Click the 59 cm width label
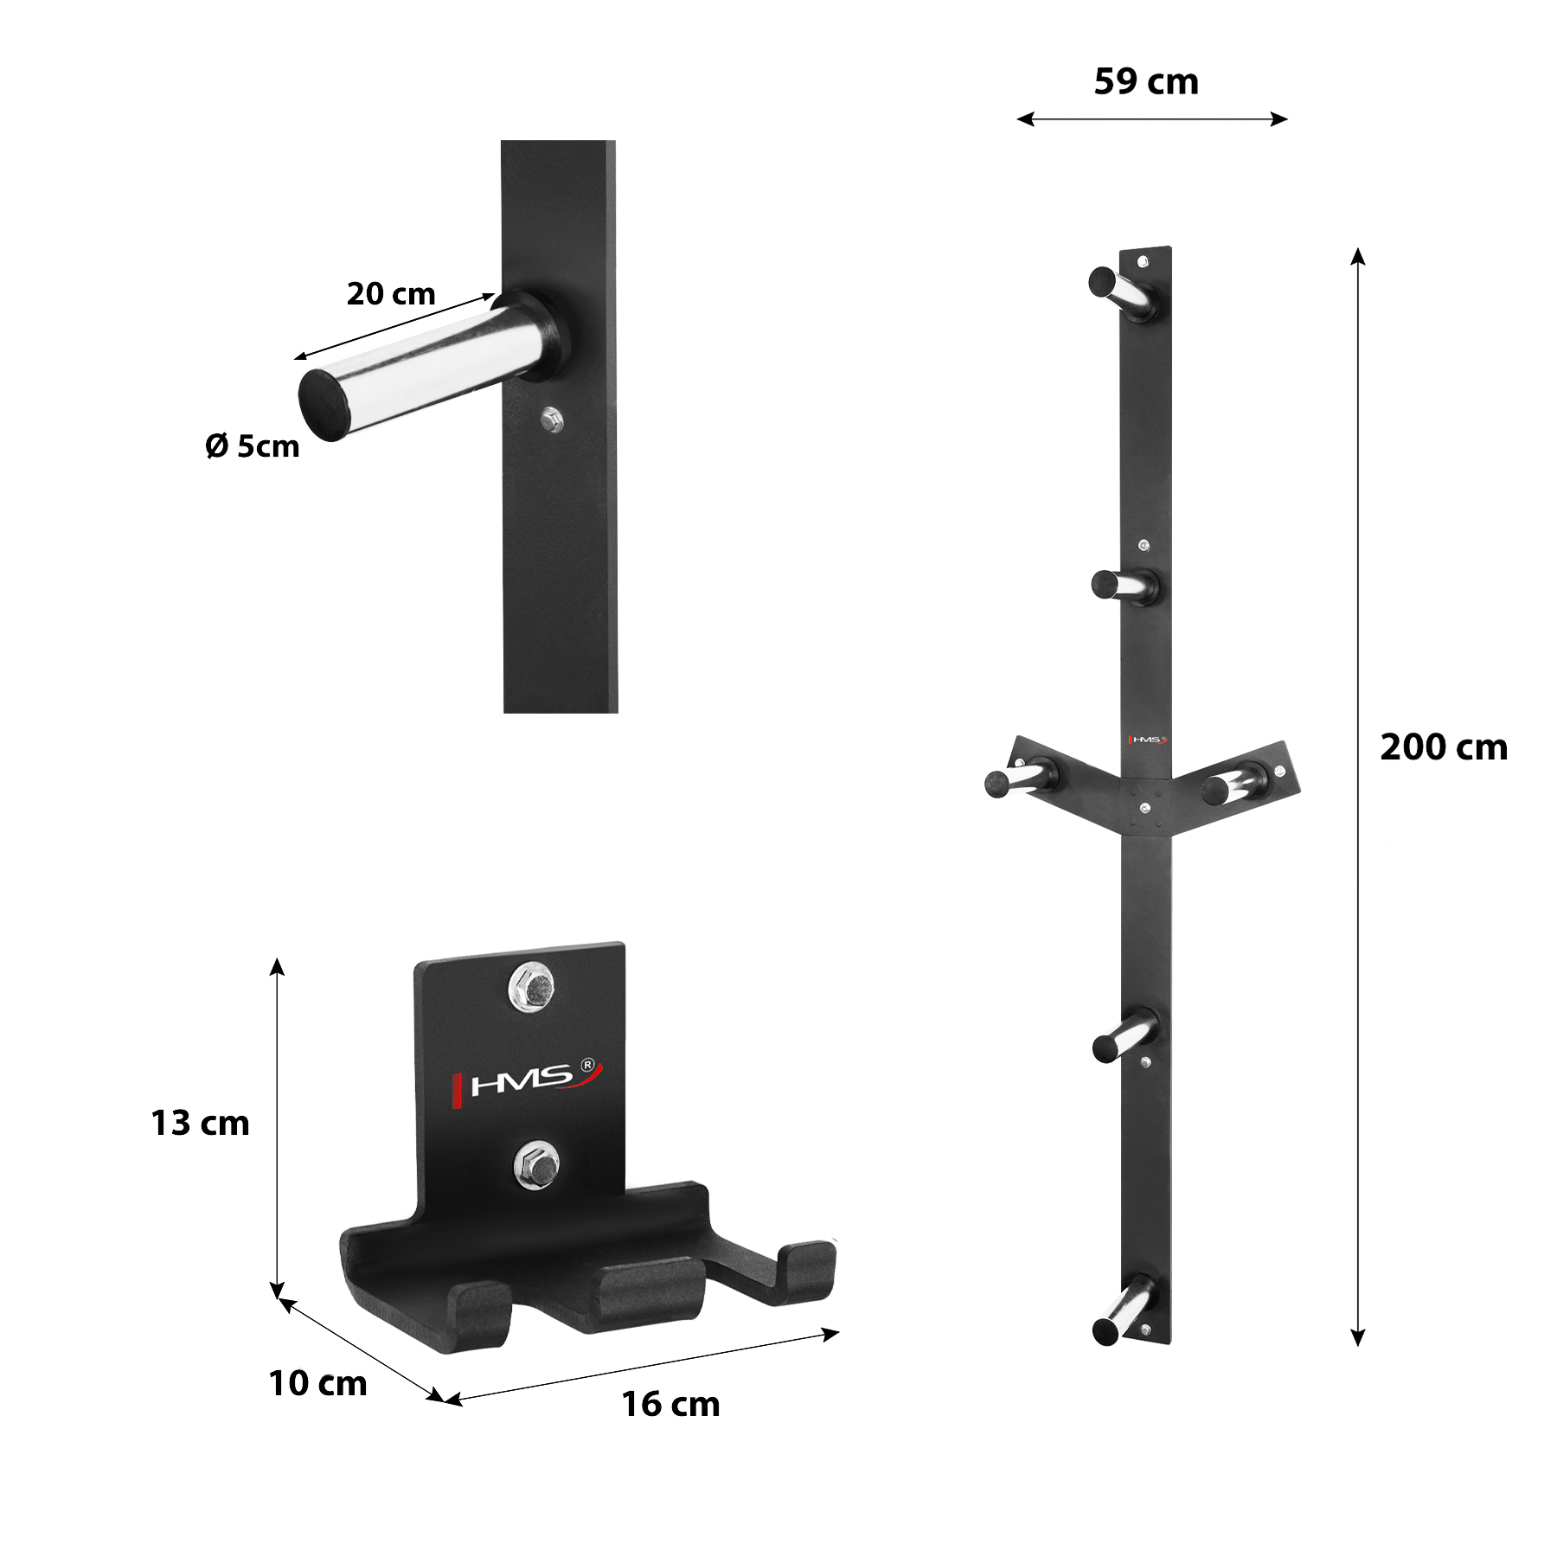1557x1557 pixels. (1146, 82)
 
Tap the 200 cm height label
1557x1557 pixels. (1444, 747)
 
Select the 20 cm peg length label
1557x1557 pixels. (391, 294)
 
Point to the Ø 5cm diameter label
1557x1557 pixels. (253, 446)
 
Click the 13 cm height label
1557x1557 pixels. (200, 1124)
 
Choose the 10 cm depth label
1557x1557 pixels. (317, 1384)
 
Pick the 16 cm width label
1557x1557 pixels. (670, 1405)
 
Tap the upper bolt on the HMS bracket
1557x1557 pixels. (531, 987)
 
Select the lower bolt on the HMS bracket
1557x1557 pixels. (536, 1165)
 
